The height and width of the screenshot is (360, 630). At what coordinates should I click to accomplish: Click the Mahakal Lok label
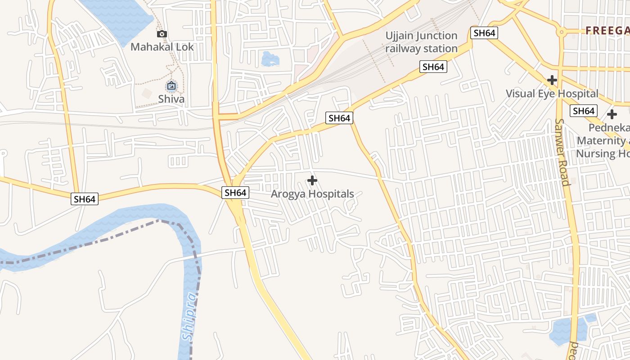point(162,47)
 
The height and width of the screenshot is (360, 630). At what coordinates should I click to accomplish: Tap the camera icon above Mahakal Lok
point(162,34)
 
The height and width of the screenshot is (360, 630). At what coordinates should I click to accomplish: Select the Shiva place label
point(171,99)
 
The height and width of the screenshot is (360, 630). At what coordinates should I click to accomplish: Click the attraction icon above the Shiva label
point(171,85)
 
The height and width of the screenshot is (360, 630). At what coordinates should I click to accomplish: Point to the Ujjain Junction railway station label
point(421,42)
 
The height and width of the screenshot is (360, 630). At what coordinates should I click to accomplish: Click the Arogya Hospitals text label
point(312,194)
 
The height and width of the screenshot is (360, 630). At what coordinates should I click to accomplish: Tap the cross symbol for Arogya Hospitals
point(312,181)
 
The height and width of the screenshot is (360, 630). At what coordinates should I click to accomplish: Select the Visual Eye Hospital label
point(552,94)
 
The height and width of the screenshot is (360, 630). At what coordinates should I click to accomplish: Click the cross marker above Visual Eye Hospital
point(552,80)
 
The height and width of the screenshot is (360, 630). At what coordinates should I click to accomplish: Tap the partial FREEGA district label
point(607,31)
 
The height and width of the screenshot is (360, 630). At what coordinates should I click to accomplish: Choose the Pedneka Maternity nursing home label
point(603,140)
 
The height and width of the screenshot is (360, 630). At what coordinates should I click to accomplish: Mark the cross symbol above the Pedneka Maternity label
point(612,114)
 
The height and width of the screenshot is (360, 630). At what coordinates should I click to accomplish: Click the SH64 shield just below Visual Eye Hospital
point(583,111)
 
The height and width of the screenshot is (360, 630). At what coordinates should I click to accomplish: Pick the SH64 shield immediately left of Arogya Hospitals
point(235,193)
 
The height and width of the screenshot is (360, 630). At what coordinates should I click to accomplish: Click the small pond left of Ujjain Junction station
point(270,58)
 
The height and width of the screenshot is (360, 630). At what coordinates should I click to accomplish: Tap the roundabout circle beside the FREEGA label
point(561,32)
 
